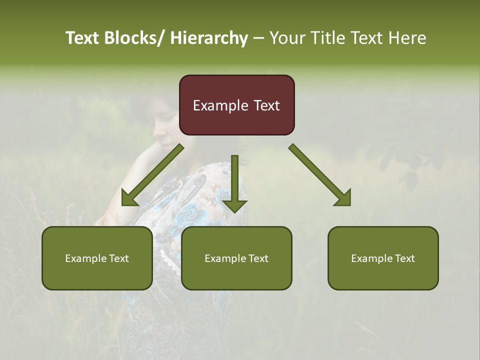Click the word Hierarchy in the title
tap(209, 38)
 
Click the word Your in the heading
tap(286, 38)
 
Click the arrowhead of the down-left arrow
tap(129, 198)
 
